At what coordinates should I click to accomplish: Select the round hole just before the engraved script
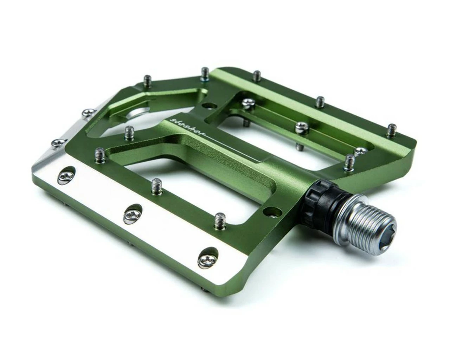(x=210, y=105)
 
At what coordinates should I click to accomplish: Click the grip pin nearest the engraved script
(x=129, y=133)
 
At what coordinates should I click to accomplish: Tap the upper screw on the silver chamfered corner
(x=86, y=113)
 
